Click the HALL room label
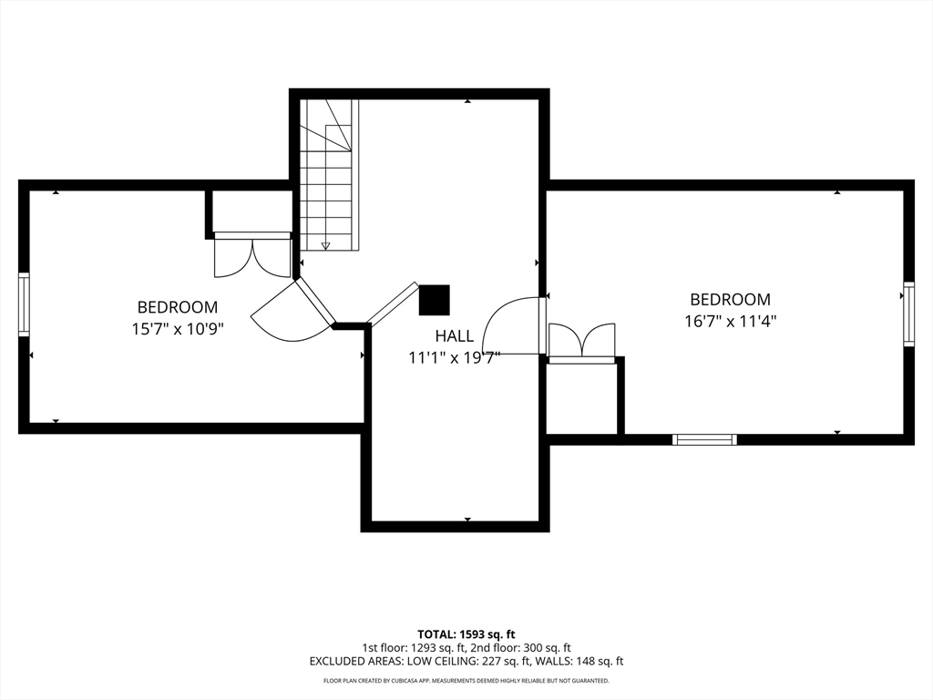click(x=454, y=336)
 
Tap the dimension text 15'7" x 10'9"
click(x=178, y=328)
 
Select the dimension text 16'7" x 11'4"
click(x=730, y=321)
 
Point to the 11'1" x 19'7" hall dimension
click(x=454, y=358)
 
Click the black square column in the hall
click(x=434, y=300)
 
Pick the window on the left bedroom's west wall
click(x=24, y=305)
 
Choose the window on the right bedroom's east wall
click(x=908, y=314)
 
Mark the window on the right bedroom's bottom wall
click(x=704, y=439)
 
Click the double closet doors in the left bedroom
click(x=251, y=257)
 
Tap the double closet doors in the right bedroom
click(x=581, y=341)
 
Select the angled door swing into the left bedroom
click(x=292, y=315)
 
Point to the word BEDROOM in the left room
click(x=178, y=307)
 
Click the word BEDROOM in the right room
click(x=730, y=299)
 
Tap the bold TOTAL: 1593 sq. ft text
click(x=466, y=633)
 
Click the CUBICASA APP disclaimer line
click(x=466, y=681)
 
